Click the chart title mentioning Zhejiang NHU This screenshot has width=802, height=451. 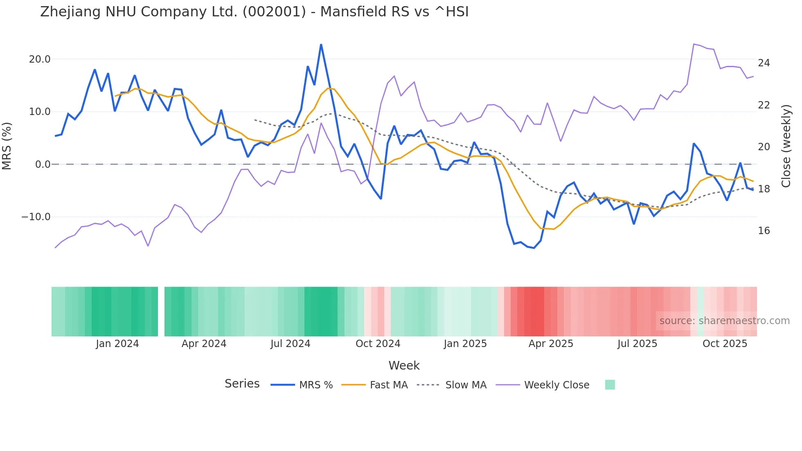pyautogui.click(x=254, y=12)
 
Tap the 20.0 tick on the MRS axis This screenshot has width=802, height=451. pyautogui.click(x=40, y=59)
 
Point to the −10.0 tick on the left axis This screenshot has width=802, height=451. pyautogui.click(x=36, y=217)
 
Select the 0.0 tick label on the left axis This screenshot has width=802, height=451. pyautogui.click(x=43, y=165)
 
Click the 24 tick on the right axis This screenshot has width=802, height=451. pyautogui.click(x=764, y=63)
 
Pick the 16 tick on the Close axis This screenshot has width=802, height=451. pyautogui.click(x=764, y=231)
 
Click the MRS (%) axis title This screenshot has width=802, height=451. pyautogui.click(x=7, y=146)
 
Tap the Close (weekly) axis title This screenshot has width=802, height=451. pyautogui.click(x=786, y=146)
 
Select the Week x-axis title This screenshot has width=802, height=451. pyautogui.click(x=404, y=365)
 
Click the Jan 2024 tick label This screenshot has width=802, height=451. pyautogui.click(x=117, y=344)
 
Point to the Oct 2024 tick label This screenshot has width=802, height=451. pyautogui.click(x=378, y=344)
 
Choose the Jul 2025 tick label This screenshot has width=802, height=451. pyautogui.click(x=637, y=344)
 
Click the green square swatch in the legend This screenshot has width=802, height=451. pyautogui.click(x=610, y=385)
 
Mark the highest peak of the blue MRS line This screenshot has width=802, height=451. pyautogui.click(x=321, y=45)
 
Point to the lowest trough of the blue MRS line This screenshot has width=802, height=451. pyautogui.click(x=534, y=248)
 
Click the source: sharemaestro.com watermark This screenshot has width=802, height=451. pyautogui.click(x=724, y=321)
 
